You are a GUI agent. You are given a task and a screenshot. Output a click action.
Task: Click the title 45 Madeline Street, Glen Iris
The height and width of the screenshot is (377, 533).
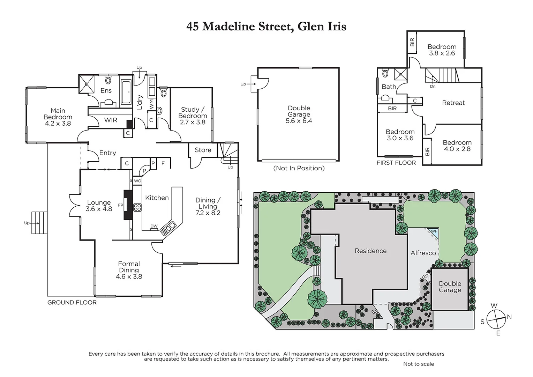tap(266, 27)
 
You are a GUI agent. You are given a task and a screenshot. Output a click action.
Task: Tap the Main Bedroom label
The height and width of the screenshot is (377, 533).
tap(58, 117)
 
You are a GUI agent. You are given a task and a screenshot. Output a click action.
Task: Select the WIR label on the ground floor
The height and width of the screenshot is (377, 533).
tap(111, 120)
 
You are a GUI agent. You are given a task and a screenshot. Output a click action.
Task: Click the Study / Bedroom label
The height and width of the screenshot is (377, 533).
tap(193, 116)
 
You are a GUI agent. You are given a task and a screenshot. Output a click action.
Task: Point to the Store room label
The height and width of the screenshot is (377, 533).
tap(203, 150)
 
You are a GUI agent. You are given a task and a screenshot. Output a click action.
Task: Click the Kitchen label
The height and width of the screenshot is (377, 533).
tap(157, 198)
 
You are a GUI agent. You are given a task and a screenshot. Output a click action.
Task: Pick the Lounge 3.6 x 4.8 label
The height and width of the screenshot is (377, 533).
tap(99, 206)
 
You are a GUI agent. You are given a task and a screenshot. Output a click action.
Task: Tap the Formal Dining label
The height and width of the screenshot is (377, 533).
tap(129, 270)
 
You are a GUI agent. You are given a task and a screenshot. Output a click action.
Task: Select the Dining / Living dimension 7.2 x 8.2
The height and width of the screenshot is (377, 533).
tap(208, 213)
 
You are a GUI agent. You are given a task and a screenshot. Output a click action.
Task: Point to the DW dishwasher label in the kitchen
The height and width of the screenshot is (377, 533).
tap(154, 226)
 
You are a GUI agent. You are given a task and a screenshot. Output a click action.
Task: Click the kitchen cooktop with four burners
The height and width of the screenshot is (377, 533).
tap(137, 207)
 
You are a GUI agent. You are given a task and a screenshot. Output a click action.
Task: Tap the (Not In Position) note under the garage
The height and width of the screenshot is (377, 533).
tap(299, 168)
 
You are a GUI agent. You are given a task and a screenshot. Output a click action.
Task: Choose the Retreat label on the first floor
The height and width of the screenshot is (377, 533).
tap(453, 103)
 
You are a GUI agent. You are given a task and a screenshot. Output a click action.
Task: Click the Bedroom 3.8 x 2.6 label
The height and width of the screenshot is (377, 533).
tap(442, 50)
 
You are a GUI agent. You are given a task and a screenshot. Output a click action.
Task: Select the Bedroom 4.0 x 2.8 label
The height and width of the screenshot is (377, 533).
tap(457, 146)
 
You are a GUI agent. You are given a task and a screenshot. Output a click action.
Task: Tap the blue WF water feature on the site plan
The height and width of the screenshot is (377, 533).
tap(433, 232)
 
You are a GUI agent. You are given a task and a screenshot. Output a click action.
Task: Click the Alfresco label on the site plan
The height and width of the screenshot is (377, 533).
tap(423, 253)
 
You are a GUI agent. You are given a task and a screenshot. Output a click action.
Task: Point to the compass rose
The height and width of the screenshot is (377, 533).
tap(496, 319)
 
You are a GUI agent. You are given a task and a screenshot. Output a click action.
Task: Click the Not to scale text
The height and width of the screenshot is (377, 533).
tap(418, 364)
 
